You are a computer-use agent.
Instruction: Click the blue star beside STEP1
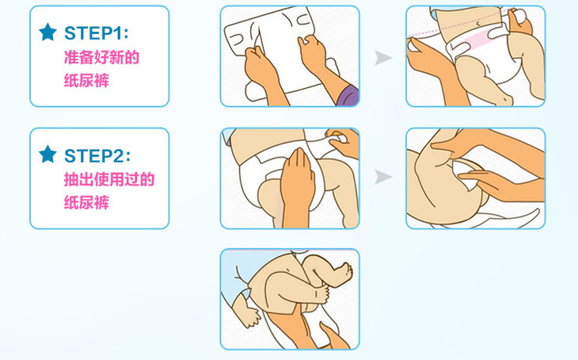[x=48, y=33]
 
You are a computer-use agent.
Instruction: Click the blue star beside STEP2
[x=48, y=154]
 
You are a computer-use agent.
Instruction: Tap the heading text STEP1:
[x=97, y=33]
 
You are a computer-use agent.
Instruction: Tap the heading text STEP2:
[x=97, y=155]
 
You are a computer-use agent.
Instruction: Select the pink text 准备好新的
[x=101, y=58]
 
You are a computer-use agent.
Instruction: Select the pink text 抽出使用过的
[x=109, y=179]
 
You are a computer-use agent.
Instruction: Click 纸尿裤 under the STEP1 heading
[x=86, y=81]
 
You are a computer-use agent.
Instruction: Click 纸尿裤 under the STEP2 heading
[x=86, y=202]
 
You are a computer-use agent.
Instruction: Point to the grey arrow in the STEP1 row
[x=383, y=58]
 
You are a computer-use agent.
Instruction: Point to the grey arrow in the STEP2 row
[x=383, y=177]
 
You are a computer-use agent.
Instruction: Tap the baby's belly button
[x=478, y=24]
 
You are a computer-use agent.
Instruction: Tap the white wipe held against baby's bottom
[x=466, y=174]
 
